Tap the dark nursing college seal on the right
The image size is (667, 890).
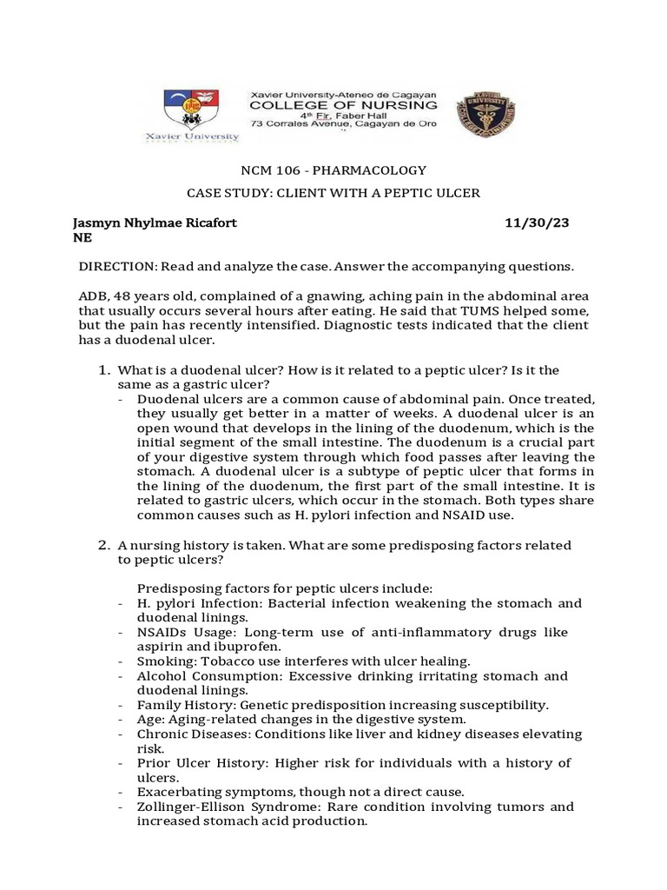tap(480, 111)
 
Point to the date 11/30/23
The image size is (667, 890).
tap(538, 223)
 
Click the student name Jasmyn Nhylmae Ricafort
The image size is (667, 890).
tap(154, 223)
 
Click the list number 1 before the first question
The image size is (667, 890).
tap(101, 371)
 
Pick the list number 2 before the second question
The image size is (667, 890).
tap(101, 545)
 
